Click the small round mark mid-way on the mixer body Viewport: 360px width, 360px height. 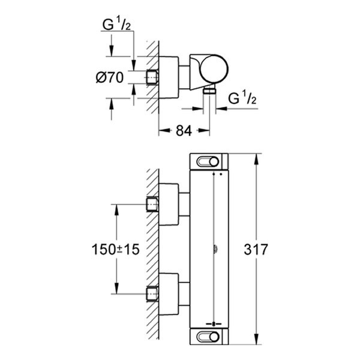click(x=213, y=249)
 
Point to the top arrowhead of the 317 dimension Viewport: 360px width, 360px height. click(x=257, y=157)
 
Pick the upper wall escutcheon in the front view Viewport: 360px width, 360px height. click(x=170, y=205)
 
